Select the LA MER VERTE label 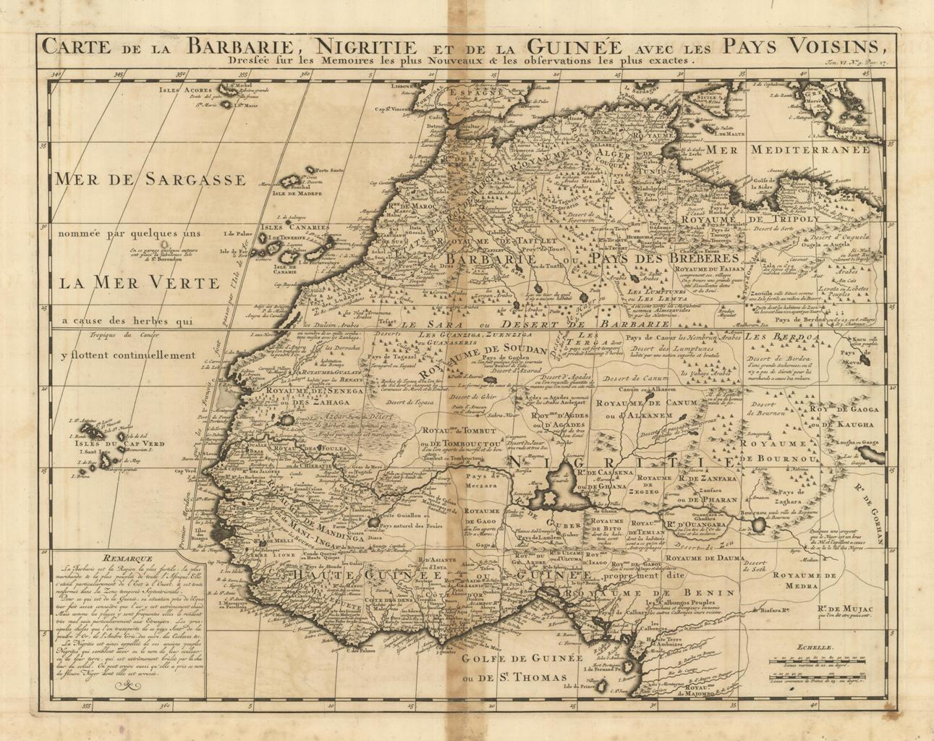pos(138,282)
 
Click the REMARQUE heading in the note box pos(127,558)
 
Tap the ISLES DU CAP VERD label pos(123,444)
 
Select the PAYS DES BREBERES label pos(663,258)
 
